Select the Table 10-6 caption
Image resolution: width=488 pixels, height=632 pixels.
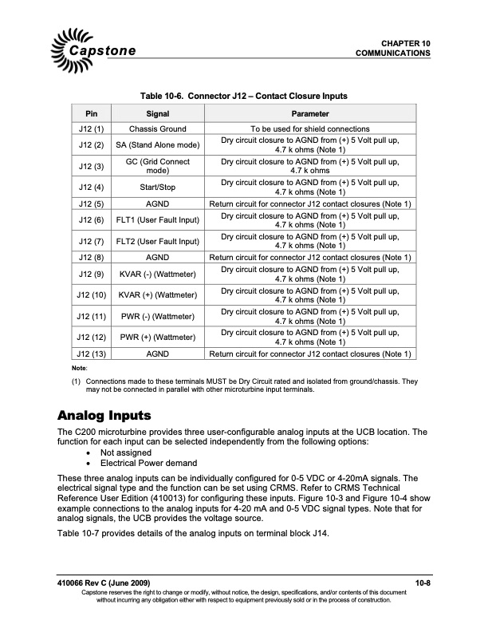(x=243, y=97)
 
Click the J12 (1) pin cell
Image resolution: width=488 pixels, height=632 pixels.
(x=89, y=128)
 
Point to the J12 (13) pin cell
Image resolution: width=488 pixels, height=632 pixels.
(x=89, y=354)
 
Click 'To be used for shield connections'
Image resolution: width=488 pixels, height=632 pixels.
(x=310, y=128)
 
